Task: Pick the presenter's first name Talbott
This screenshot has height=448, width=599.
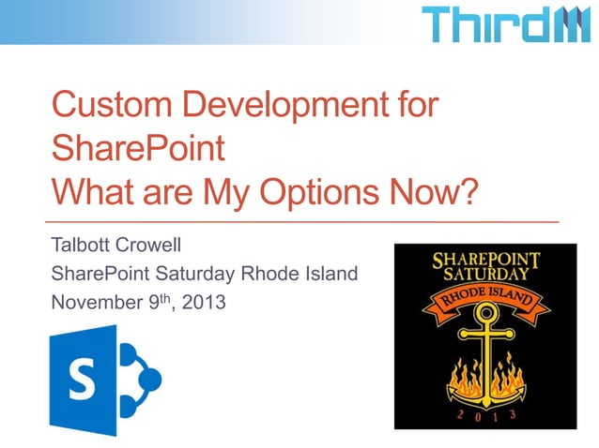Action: pos(82,247)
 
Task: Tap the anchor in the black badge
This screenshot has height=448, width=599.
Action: pos(484,356)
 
